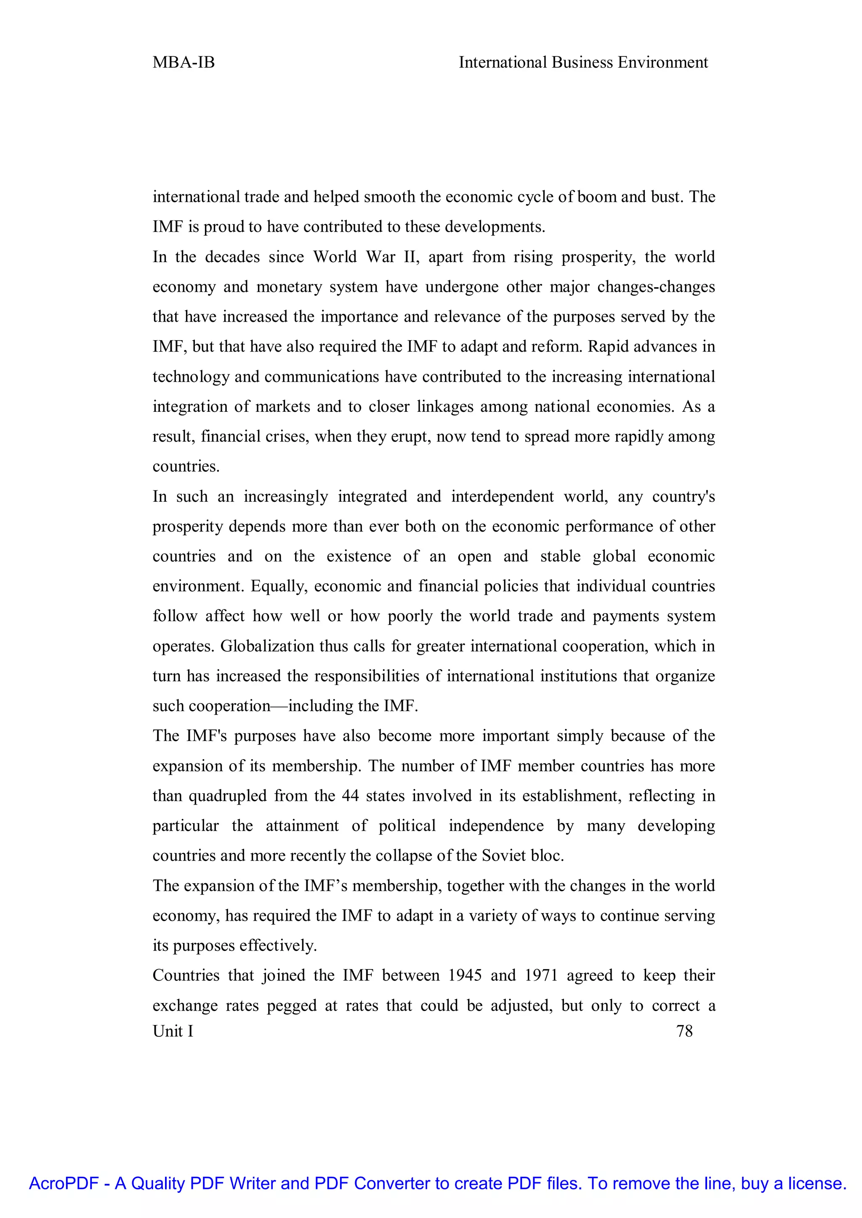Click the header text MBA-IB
click(184, 63)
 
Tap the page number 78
click(684, 1031)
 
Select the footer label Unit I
click(173, 1031)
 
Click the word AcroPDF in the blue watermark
click(64, 1183)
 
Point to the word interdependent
click(502, 497)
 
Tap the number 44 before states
click(350, 796)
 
